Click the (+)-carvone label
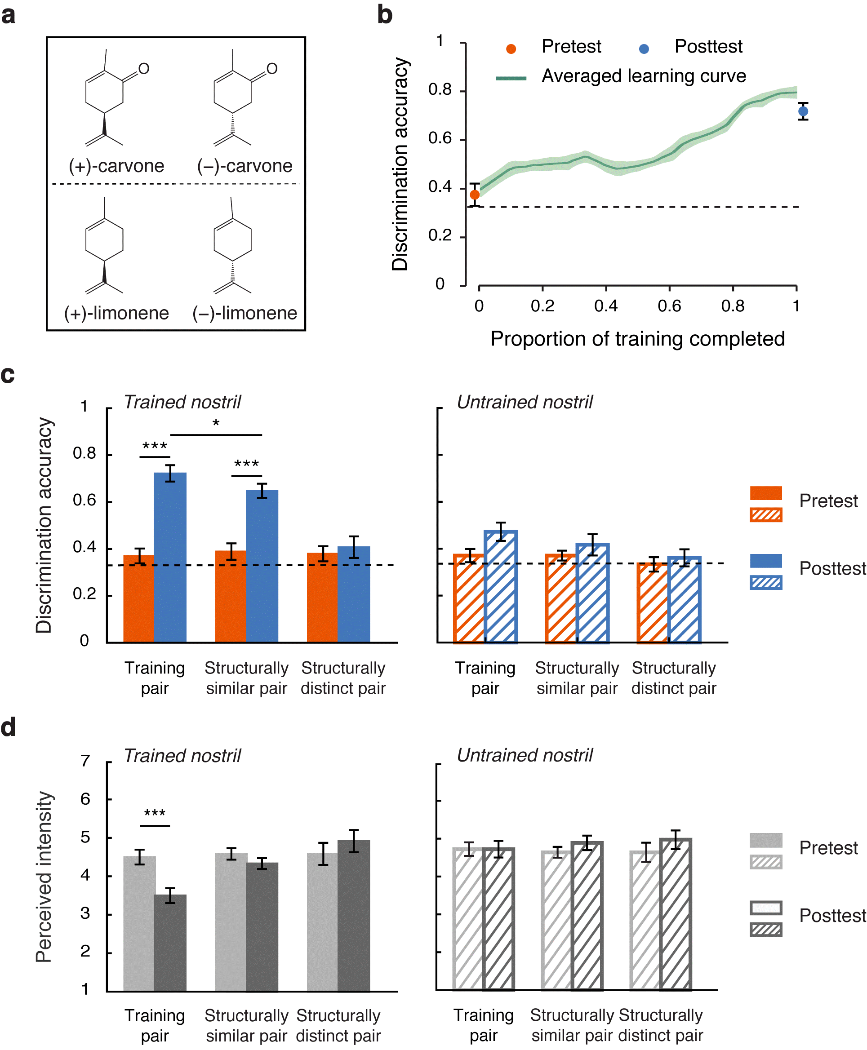[116, 166]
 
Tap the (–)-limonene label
[245, 313]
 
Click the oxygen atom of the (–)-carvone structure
[271, 68]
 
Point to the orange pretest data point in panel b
[475, 195]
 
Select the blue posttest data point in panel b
[803, 111]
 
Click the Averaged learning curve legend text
[643, 76]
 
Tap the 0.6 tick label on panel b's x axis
[669, 306]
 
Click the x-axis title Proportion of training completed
[637, 339]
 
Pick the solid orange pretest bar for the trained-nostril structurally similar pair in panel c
[230, 596]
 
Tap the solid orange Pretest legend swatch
[765, 493]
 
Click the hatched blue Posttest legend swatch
[765, 583]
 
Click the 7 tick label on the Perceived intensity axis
[85, 761]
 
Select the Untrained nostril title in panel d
[525, 755]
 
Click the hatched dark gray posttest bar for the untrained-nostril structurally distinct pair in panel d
[676, 914]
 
